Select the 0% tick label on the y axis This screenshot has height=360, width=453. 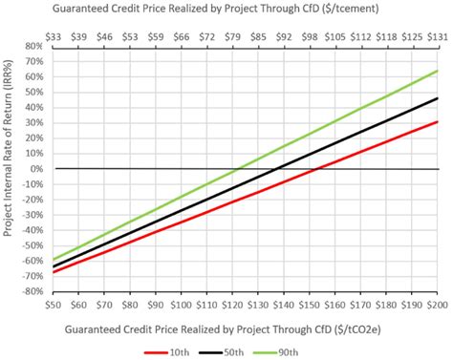coord(33,169)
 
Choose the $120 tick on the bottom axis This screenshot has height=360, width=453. coord(232,305)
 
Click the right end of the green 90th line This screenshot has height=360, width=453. coord(438,71)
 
